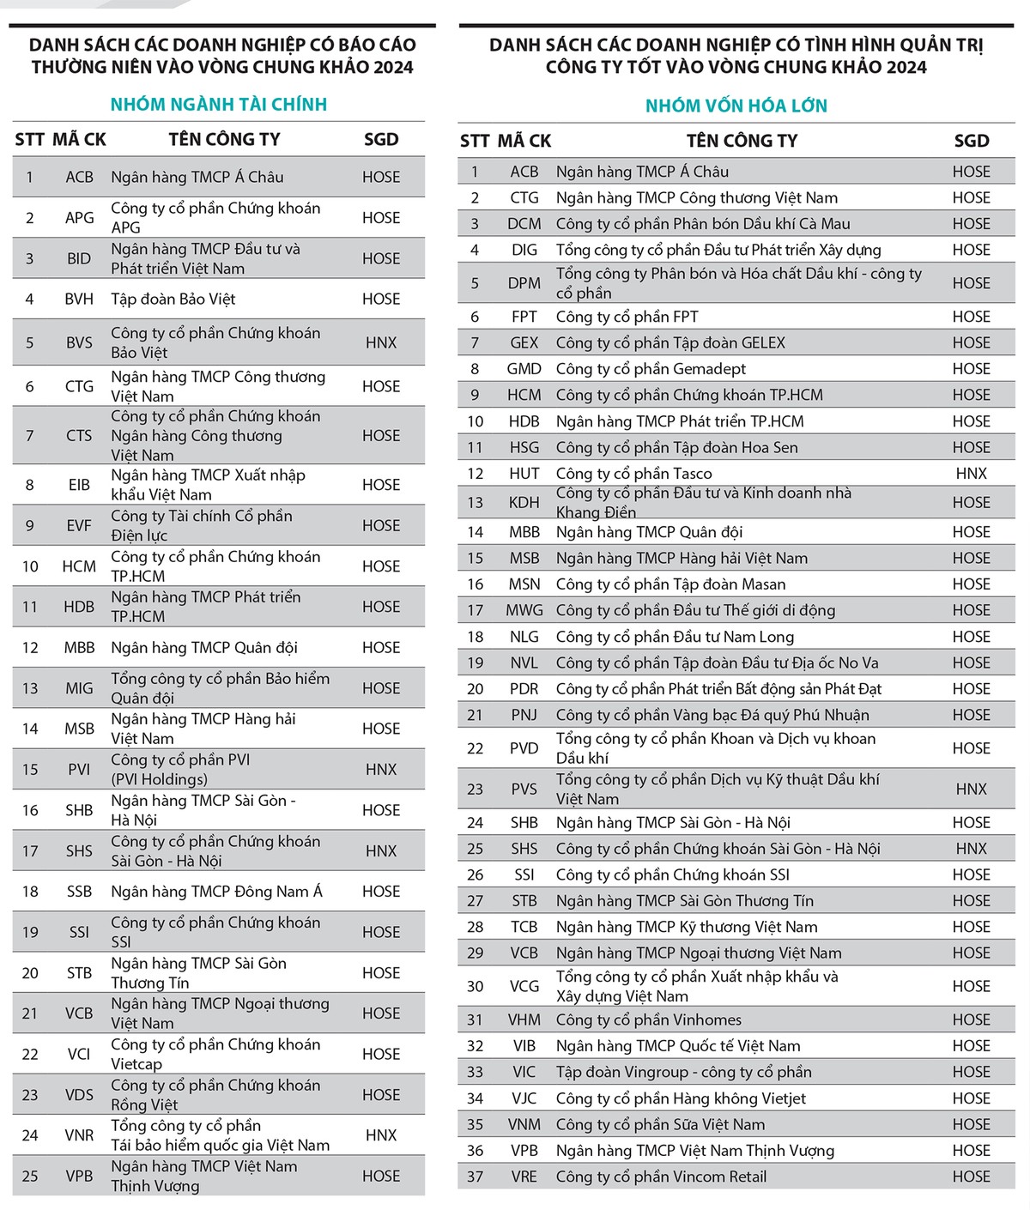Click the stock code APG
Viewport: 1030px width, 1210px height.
(79, 218)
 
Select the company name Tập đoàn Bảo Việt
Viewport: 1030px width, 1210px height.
(173, 299)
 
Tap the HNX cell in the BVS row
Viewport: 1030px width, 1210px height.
(381, 342)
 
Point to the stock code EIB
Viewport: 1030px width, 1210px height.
(79, 485)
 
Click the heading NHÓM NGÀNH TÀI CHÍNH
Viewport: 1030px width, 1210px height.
(219, 105)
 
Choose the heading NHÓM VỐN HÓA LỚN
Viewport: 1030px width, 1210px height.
(736, 106)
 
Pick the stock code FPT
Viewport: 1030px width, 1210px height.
(524, 317)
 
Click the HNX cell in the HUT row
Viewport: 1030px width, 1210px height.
(971, 474)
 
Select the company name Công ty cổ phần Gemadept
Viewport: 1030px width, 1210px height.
(651, 369)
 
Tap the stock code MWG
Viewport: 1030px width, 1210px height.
(524, 610)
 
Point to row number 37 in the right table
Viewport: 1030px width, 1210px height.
(475, 1177)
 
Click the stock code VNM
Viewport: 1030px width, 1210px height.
(524, 1124)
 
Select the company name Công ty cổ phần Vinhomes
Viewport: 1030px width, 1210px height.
(648, 1019)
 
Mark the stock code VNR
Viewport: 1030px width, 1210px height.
(79, 1135)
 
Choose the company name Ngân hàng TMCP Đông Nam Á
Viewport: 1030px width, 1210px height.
(216, 892)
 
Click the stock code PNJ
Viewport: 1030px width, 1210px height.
(524, 715)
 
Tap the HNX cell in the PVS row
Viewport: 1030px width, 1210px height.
(971, 790)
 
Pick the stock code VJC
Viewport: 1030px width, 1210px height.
(524, 1098)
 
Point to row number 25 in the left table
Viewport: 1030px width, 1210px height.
(30, 1177)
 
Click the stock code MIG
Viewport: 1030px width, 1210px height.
(79, 688)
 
